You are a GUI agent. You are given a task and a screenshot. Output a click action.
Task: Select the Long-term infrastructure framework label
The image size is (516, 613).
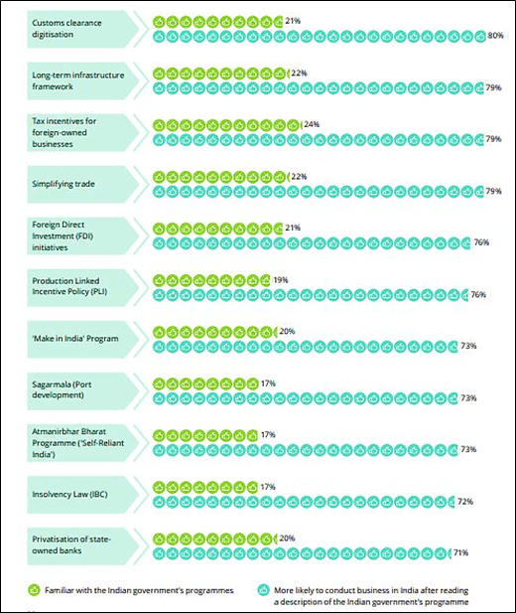pos(66,79)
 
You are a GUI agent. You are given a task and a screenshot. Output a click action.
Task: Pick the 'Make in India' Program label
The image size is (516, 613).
pos(74,339)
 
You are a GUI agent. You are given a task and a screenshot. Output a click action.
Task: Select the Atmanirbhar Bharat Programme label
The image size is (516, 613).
pos(67,442)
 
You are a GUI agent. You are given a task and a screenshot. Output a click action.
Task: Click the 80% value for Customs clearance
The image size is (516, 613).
pos(496,35)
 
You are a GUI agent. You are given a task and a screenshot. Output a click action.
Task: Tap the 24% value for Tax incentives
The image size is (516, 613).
pos(312,125)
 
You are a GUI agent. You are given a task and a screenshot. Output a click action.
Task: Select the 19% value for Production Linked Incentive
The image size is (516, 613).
pos(281,280)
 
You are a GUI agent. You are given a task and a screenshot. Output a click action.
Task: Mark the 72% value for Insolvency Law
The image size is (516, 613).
pos(464,501)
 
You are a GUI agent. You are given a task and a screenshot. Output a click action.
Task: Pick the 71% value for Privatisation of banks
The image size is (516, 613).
pos(460,552)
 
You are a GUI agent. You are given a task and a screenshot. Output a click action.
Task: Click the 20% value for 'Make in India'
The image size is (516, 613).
pos(288,332)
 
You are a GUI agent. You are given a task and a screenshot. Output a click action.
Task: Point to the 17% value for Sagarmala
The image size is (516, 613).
pos(267,383)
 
